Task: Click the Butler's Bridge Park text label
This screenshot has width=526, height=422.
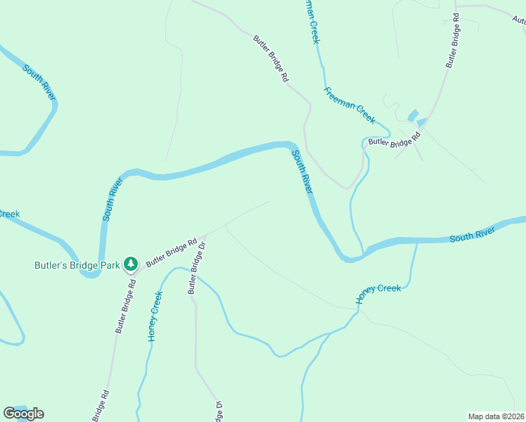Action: coord(77,265)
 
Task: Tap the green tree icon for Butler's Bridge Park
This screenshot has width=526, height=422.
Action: coord(130,264)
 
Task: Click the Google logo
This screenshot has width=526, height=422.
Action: coord(23,414)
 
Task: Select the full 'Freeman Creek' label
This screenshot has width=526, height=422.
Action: coord(349,104)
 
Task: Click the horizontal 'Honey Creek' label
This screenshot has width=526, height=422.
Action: coord(378,293)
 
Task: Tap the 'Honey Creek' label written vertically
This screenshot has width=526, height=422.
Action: coord(155,316)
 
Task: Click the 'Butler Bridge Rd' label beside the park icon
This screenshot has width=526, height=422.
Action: coord(171,252)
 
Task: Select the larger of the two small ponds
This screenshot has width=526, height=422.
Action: coord(412,115)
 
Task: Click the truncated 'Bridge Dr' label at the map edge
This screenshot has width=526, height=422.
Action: coord(218,411)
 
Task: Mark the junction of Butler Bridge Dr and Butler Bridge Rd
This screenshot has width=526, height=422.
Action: coord(203,237)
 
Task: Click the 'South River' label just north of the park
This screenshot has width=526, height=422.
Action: coord(113,200)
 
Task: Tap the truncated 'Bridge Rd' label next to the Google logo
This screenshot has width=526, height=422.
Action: coord(99,406)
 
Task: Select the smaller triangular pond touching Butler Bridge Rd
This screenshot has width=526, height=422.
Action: coord(421,122)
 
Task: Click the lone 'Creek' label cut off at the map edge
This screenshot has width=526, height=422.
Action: coord(9,214)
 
